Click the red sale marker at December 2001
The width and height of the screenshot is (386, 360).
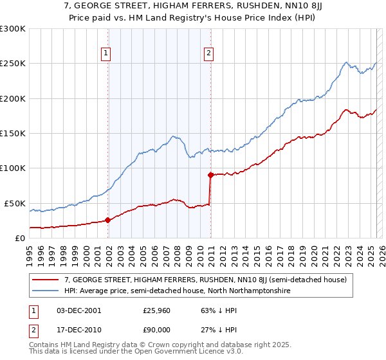point(107,220)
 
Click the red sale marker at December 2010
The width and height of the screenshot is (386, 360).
point(210,175)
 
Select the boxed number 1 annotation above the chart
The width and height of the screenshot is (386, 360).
point(106,54)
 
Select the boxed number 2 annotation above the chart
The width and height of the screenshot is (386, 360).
point(209,54)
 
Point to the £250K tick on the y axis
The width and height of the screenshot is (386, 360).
point(13,64)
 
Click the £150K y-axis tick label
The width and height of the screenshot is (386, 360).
point(13,133)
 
